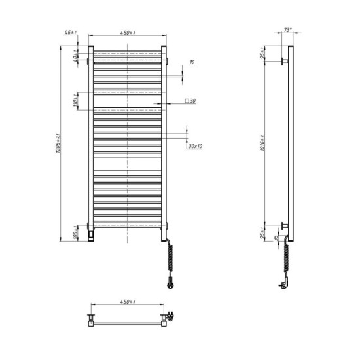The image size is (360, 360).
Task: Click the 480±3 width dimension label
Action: (x=127, y=33)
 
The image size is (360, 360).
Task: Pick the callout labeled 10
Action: (x=192, y=62)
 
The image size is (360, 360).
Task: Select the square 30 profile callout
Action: (x=190, y=101)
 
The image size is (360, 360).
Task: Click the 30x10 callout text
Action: (x=195, y=146)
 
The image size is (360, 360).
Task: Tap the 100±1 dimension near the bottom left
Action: (x=76, y=232)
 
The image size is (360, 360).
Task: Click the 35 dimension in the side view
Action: (x=276, y=239)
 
